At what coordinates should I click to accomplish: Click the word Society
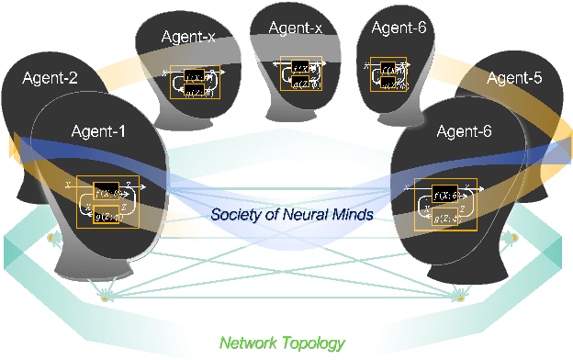236,216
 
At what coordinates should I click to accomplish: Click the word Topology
315,344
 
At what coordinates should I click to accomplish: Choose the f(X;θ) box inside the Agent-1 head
112,192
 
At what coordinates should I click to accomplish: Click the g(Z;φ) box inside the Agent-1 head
112,212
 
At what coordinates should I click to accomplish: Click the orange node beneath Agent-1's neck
105,298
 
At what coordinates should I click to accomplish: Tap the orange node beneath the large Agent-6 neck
460,296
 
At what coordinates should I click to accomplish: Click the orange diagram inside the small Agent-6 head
388,75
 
